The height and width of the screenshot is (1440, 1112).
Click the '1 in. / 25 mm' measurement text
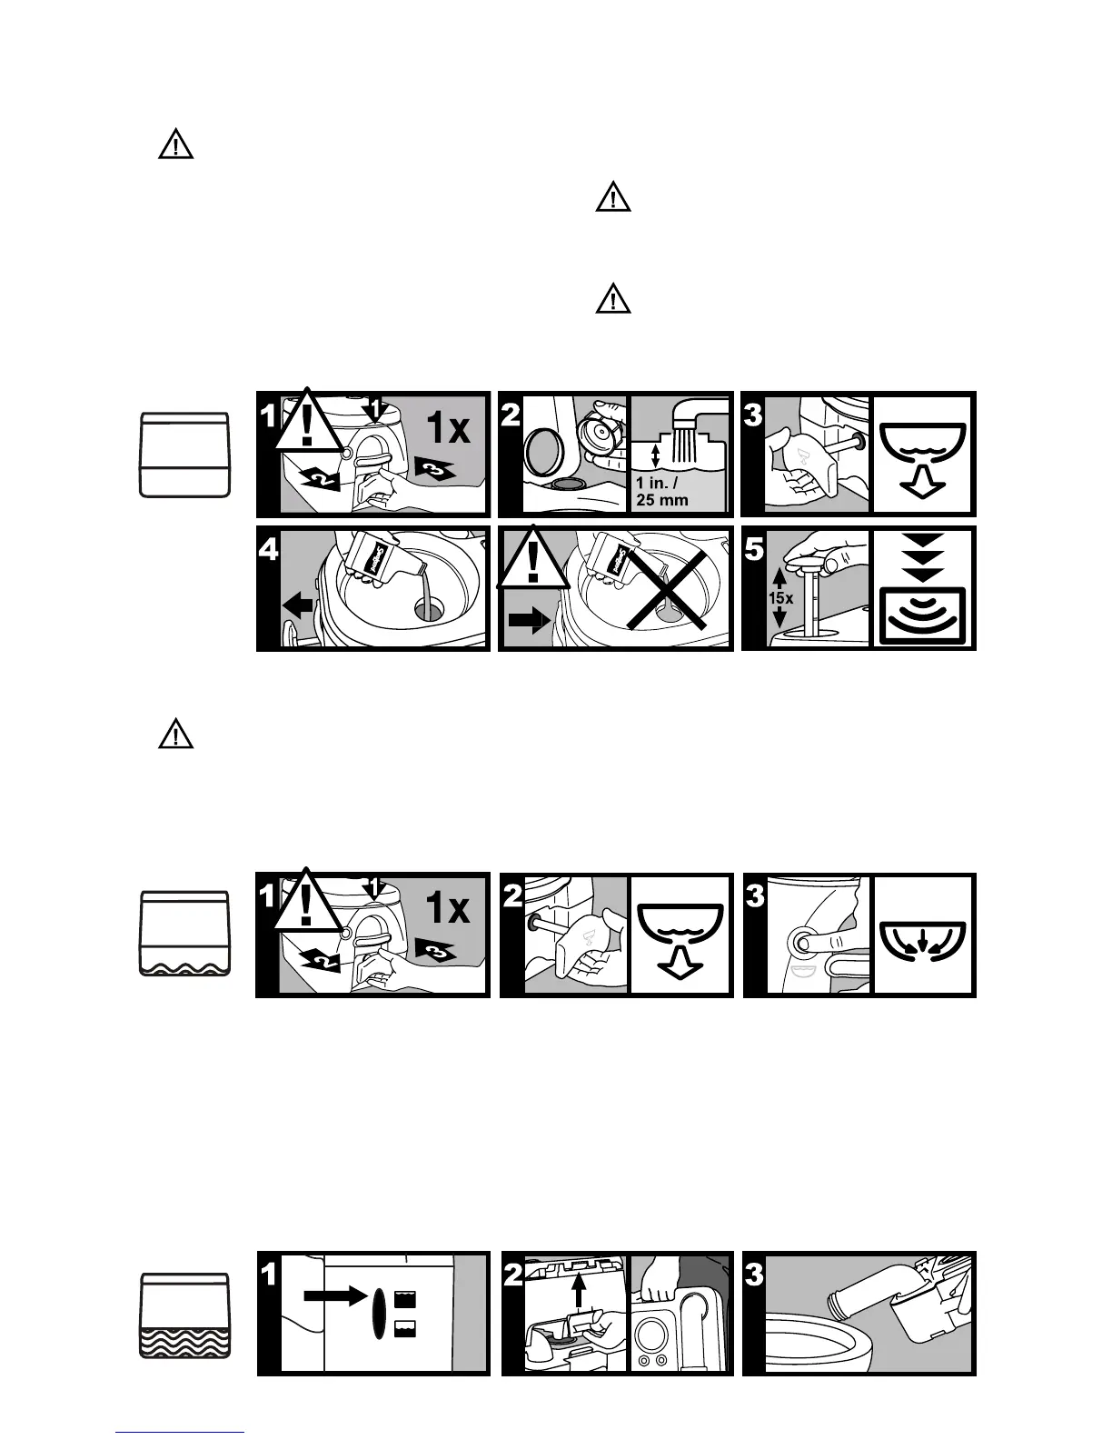(661, 492)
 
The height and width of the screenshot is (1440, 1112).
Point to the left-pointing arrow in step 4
(298, 605)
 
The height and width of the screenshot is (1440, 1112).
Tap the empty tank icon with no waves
(184, 455)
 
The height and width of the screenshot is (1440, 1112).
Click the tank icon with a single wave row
(184, 934)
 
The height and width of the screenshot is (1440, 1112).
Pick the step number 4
(270, 549)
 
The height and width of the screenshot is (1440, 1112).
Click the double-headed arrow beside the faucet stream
(656, 454)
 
